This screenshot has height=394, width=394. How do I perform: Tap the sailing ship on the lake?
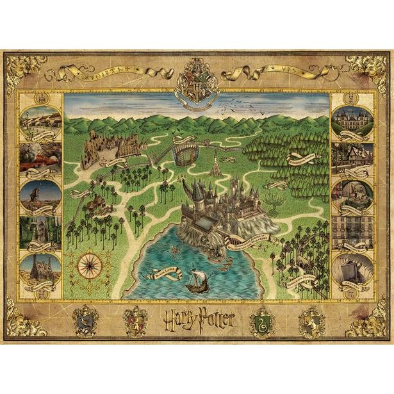point(197,277)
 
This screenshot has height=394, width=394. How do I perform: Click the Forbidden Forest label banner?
point(302,156)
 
